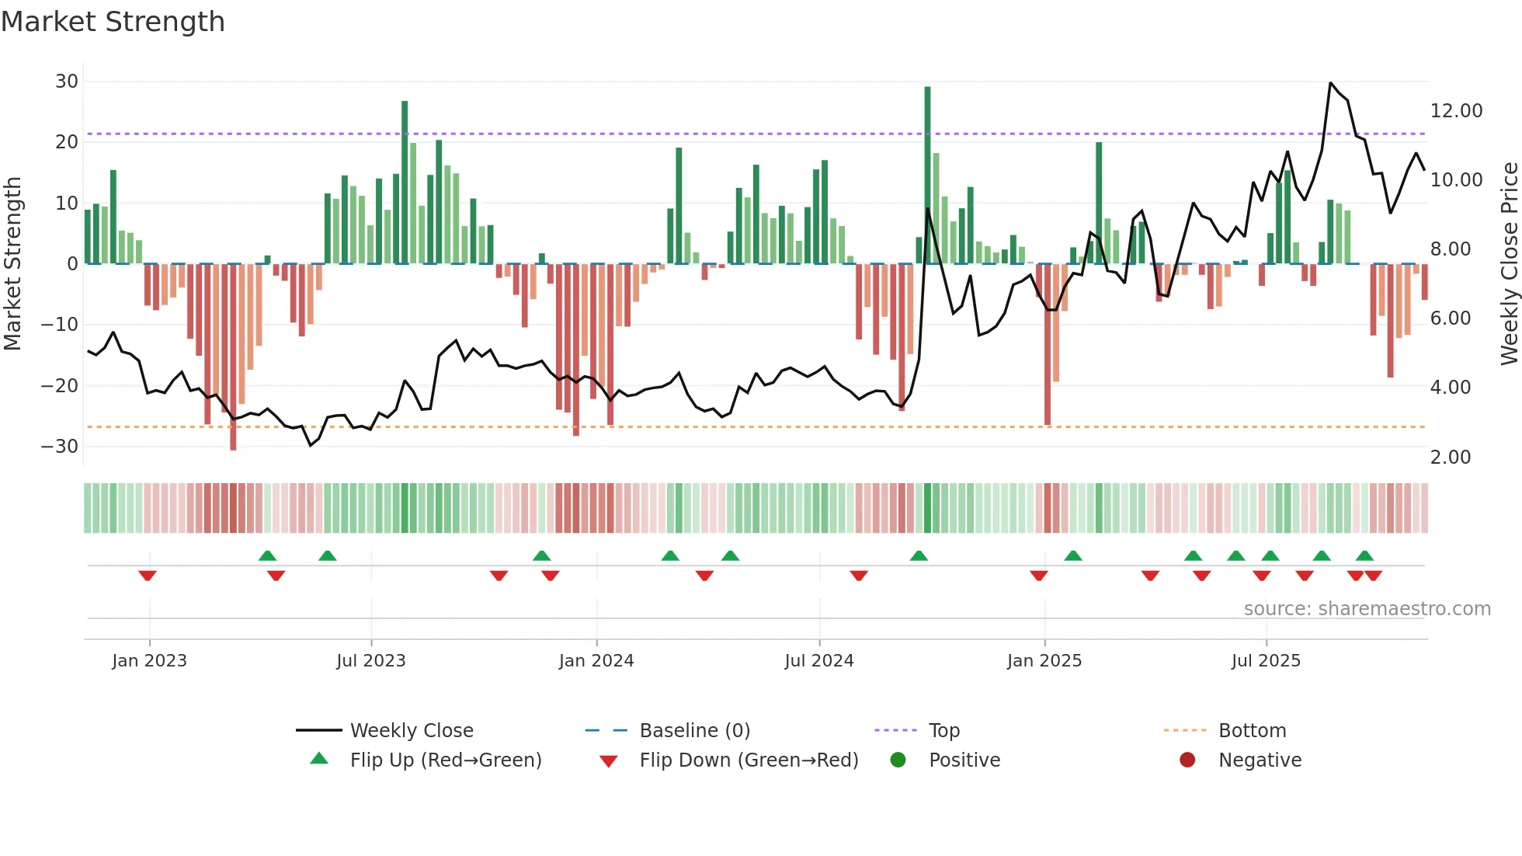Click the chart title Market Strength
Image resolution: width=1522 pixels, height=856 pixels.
113,22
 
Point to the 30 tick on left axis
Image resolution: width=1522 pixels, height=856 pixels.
67,82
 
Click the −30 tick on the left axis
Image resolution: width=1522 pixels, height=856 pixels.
61,447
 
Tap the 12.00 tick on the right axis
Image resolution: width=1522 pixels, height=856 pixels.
1456,111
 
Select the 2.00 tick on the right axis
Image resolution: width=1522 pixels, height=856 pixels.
1450,458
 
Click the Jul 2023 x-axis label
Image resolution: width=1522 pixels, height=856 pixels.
370,661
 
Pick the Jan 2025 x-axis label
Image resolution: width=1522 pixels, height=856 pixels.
1044,661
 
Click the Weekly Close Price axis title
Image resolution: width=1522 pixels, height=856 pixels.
1509,264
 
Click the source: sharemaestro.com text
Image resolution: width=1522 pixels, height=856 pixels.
1367,609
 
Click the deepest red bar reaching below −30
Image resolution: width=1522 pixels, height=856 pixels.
233,357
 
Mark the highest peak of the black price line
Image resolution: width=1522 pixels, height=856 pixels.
1330,83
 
